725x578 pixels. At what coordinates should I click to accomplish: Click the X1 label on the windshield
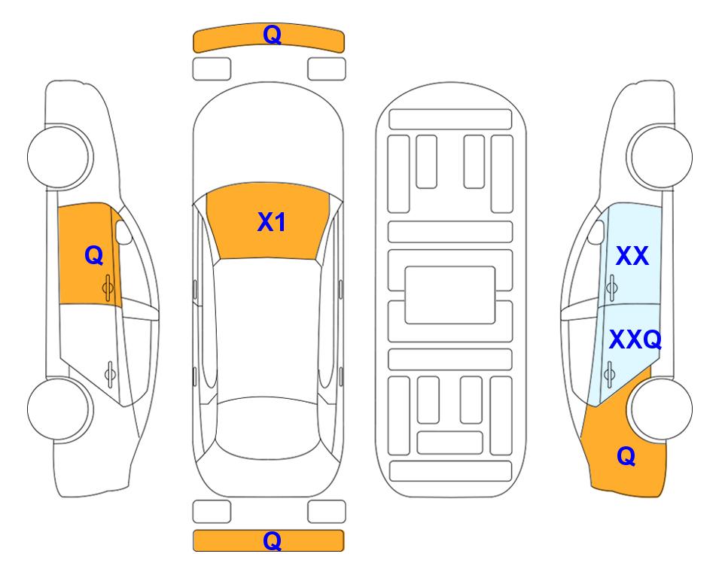(272, 222)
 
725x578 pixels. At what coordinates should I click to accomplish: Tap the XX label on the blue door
(632, 256)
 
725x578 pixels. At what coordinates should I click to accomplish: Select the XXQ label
(635, 340)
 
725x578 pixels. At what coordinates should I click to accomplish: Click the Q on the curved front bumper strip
(272, 35)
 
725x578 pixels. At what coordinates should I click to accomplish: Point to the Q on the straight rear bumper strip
(272, 540)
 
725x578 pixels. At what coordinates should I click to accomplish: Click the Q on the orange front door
(94, 255)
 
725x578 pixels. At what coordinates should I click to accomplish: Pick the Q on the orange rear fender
(626, 456)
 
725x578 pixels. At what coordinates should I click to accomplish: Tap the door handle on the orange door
(108, 287)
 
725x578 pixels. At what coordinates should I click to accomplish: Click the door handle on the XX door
(612, 287)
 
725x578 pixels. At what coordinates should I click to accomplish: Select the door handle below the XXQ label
(609, 373)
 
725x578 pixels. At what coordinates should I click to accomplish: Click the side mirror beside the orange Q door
(123, 232)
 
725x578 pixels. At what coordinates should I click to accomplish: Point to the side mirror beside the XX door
(596, 232)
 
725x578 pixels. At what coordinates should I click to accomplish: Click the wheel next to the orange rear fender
(662, 409)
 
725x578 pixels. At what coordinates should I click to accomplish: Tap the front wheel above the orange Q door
(58, 157)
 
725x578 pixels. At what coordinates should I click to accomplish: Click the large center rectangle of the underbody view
(450, 295)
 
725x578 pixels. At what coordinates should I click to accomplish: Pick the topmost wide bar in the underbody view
(450, 120)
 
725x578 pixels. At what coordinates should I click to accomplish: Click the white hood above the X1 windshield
(268, 138)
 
